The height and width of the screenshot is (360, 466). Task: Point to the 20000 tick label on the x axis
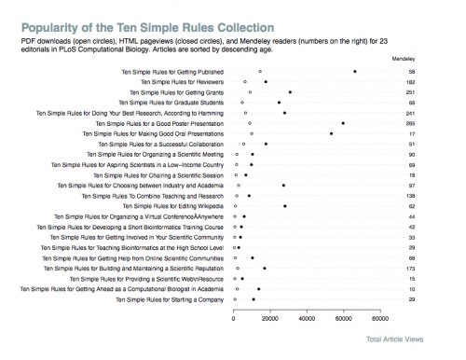[270, 317]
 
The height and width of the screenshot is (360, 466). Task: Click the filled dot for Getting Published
[355, 72]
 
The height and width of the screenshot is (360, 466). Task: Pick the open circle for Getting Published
[260, 72]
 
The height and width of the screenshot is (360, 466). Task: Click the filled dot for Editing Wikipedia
[285, 206]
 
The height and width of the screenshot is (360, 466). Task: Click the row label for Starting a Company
[169, 299]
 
